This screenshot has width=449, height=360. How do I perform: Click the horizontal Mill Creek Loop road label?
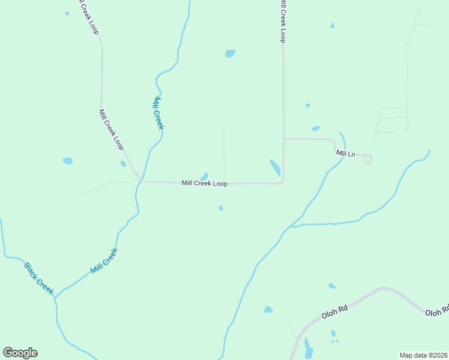click(x=204, y=184)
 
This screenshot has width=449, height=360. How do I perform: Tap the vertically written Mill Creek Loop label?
click(x=282, y=21)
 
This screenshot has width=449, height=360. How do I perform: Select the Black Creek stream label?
click(x=40, y=278)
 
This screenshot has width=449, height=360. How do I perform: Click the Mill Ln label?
click(x=345, y=154)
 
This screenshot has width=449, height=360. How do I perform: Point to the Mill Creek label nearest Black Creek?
click(x=104, y=261)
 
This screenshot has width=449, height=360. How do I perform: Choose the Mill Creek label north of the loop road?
click(x=158, y=113)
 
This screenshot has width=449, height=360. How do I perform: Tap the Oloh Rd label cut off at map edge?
click(x=437, y=312)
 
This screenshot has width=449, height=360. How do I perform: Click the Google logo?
click(x=20, y=353)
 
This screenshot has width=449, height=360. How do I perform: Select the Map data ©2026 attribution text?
click(x=424, y=355)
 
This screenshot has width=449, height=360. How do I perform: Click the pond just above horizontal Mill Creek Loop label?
click(x=204, y=176)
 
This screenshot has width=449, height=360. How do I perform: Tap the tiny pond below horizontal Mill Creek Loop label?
click(x=221, y=208)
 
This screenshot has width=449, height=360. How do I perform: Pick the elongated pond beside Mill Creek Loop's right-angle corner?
click(x=275, y=167)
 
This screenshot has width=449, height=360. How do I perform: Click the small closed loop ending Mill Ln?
click(x=368, y=160)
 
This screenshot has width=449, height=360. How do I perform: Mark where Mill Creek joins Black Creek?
click(x=55, y=296)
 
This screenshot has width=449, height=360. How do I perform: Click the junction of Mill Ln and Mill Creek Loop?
click(x=283, y=139)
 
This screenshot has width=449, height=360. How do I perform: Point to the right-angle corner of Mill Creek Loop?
click(x=283, y=182)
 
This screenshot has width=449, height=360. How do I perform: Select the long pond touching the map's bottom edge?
click(x=309, y=349)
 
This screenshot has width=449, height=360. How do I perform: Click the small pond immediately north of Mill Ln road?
click(x=316, y=128)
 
